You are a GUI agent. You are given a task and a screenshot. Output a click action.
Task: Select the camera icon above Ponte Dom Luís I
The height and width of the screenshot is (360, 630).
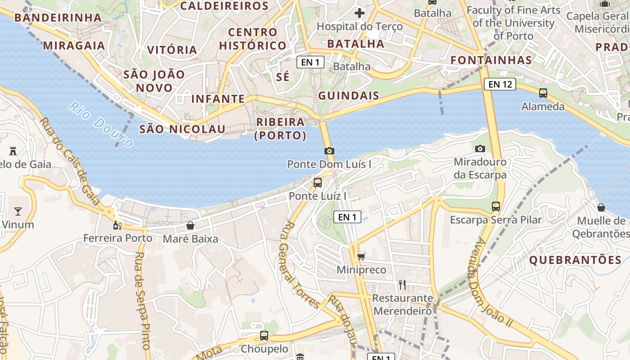point(329,151)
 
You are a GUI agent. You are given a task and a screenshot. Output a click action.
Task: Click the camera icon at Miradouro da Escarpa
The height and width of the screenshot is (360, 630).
point(480,148)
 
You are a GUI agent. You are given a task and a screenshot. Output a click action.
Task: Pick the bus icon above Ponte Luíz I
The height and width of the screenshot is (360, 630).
point(318,183)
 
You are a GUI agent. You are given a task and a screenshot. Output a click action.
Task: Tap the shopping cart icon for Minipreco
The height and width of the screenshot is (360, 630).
point(361,256)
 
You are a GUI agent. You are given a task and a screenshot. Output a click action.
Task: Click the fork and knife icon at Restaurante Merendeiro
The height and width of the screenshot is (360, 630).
point(402,284)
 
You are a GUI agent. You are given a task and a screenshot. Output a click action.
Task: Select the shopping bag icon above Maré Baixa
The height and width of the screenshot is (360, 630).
point(190,225)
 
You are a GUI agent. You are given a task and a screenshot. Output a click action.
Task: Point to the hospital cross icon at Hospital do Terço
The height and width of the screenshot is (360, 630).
point(359,13)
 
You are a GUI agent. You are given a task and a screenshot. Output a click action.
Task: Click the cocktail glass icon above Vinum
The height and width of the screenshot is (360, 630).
point(18,211)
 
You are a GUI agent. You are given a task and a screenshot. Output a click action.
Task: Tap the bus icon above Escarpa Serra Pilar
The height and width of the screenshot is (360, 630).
point(496,207)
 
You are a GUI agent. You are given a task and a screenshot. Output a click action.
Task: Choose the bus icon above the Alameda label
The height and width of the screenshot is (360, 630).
point(543,93)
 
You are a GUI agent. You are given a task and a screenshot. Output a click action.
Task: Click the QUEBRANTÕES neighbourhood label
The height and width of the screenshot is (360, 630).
point(575,260)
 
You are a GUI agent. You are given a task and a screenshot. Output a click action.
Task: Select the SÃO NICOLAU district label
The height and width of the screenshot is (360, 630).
point(182,129)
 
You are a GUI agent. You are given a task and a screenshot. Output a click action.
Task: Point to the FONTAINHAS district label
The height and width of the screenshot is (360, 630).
point(491,60)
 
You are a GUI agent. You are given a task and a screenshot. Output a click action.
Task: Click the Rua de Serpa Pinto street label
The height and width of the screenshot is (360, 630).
point(142,301)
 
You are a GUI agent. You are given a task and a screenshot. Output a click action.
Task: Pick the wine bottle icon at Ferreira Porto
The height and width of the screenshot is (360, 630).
point(117,225)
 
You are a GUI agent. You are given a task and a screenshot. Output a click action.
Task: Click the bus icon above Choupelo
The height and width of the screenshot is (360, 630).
point(264,336)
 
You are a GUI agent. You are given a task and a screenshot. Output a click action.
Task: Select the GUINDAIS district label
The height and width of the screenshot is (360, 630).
point(349,96)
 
